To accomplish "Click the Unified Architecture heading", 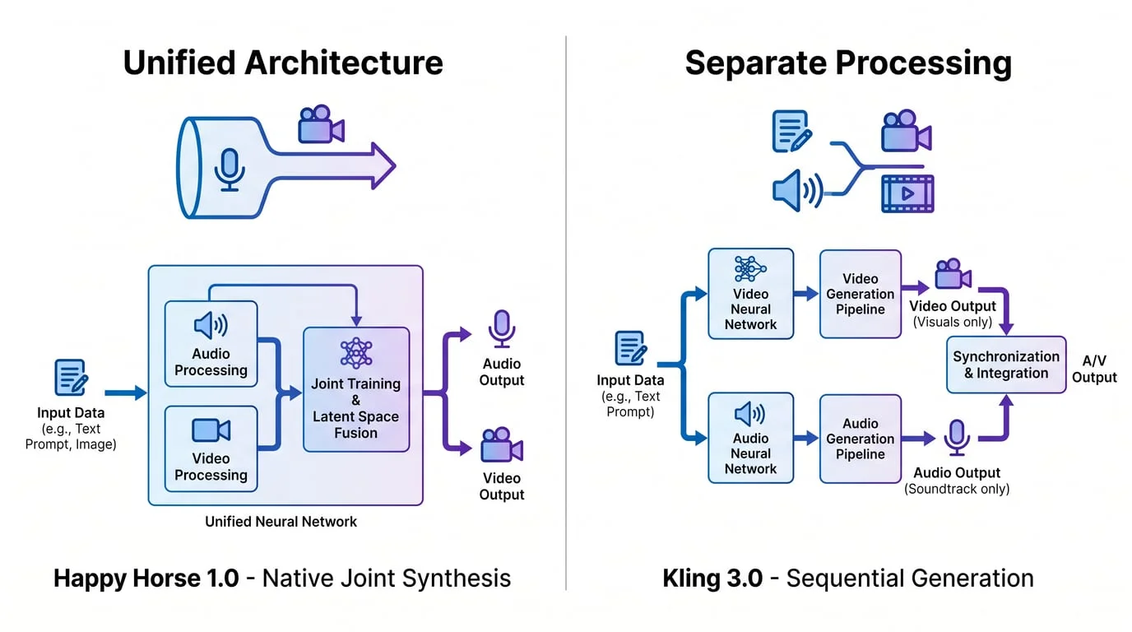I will point(283,63).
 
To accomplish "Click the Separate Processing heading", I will point(848,63).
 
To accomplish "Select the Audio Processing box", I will point(211,344).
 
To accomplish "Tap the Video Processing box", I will point(211,448).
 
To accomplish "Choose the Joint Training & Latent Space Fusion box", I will point(356,389).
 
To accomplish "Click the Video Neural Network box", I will point(750,294).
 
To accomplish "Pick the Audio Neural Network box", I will point(750,438).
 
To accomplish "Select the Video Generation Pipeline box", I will point(861,294).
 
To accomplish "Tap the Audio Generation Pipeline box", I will point(861,438).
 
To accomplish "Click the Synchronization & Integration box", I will point(1005,365).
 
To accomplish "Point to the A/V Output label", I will point(1094,369).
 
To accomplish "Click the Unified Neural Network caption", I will point(281,521).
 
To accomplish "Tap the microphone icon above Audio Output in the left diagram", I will point(502,328).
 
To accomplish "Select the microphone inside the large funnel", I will point(230,169).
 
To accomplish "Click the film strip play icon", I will point(907,194).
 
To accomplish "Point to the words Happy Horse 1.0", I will point(146,578).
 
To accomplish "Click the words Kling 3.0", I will point(712,578).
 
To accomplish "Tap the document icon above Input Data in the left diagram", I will point(71,378).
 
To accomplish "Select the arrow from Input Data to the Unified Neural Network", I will point(126,393).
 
